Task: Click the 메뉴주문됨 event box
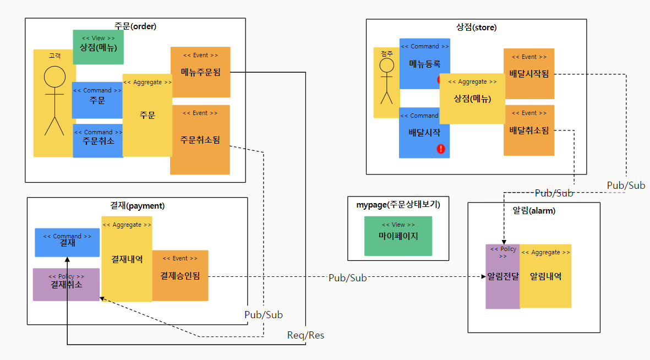[200, 72]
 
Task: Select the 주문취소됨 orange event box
[200, 140]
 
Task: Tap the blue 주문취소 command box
[97, 141]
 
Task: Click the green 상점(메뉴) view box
[99, 47]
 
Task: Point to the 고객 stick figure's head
[54, 77]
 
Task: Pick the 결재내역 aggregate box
[127, 259]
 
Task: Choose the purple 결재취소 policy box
[66, 285]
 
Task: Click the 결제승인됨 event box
[180, 275]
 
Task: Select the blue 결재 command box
[67, 243]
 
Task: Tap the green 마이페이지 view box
[398, 236]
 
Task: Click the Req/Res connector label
[305, 335]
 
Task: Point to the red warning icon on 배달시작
[441, 149]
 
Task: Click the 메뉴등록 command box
[424, 64]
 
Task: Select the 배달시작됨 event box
[529, 74]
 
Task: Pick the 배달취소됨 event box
[529, 130]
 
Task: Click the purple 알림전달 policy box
[502, 276]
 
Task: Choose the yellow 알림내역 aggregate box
[545, 276]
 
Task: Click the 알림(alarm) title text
[534, 211]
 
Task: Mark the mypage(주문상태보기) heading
[398, 205]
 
